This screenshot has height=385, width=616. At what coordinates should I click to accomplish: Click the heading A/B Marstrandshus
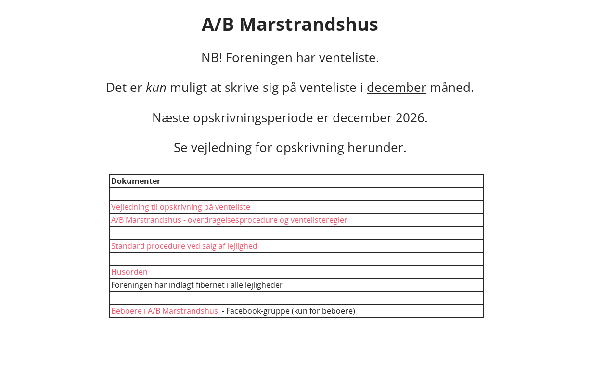click(x=290, y=25)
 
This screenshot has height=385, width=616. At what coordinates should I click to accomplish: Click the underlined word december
click(x=396, y=88)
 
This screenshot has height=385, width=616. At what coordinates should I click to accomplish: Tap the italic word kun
click(x=156, y=88)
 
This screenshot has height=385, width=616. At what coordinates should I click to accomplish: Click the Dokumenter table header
click(x=136, y=181)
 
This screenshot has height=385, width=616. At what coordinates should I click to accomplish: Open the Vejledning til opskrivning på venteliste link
click(x=180, y=207)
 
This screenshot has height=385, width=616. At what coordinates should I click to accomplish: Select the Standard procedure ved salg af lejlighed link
click(x=184, y=246)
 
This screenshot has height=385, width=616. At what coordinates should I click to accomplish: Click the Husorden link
click(x=129, y=272)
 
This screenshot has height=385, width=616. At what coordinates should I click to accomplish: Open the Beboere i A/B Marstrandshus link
click(x=165, y=311)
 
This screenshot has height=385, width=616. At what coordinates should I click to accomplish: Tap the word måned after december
click(x=451, y=88)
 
